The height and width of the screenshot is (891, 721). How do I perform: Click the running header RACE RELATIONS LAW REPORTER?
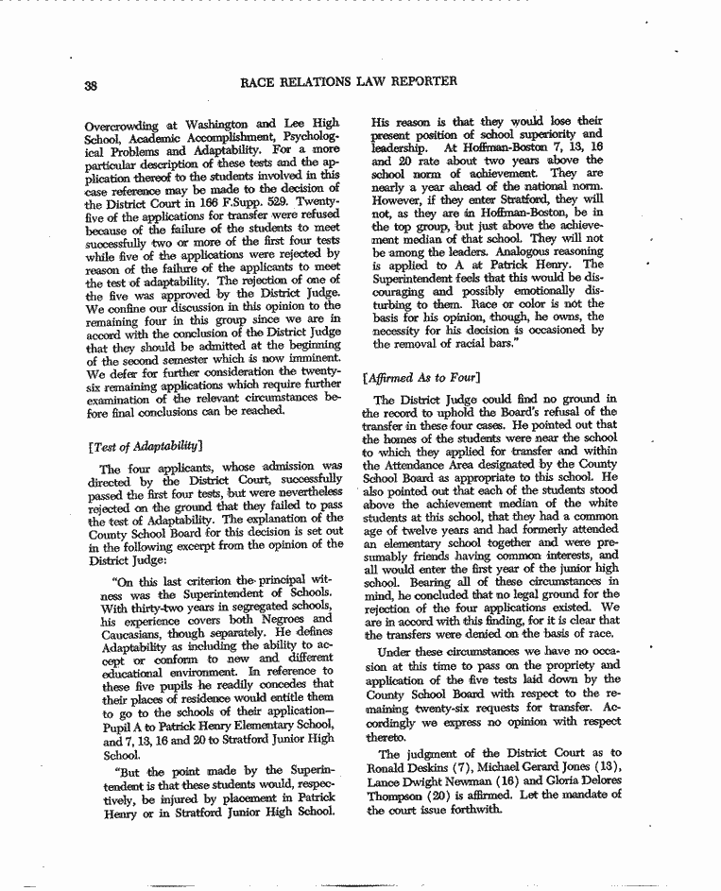(351, 81)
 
